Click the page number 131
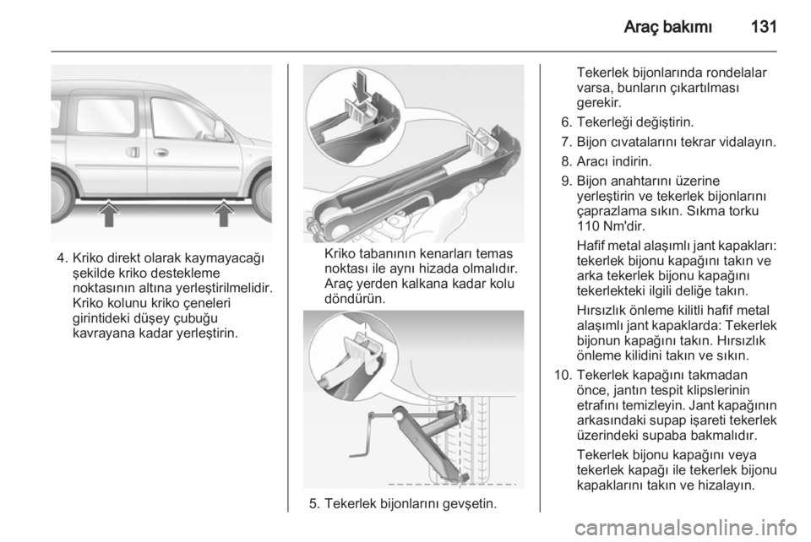coord(763,26)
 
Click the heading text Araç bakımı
coord(667,26)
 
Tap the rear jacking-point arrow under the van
coord(109,214)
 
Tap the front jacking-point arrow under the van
coord(223,214)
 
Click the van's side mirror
coord(220,130)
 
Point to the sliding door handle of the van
coord(133,153)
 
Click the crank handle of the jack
coord(369,434)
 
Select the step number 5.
coord(313,503)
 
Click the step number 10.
coord(563,375)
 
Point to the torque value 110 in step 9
coord(586,225)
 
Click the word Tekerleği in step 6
coord(603,122)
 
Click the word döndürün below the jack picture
coord(355,299)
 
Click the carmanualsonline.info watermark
coord(685,528)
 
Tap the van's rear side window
coord(106,118)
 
